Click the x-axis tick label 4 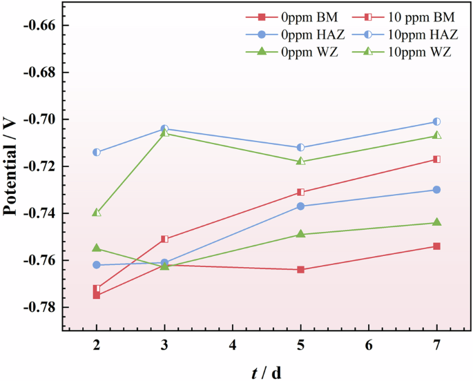[x=233, y=344]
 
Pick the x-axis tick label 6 [x=369, y=344]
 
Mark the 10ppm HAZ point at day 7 [x=436, y=121]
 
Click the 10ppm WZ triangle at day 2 [x=97, y=213]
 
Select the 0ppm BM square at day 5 [x=300, y=269]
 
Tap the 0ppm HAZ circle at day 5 [x=300, y=206]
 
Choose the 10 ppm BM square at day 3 [x=164, y=239]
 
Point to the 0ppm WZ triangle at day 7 [x=436, y=222]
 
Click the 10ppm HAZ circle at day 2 [x=97, y=152]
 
